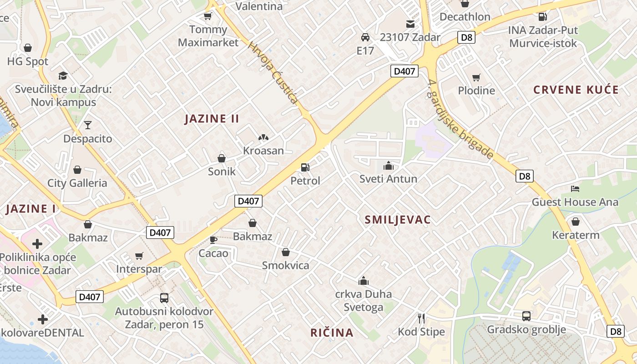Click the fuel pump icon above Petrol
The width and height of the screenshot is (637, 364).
pyautogui.click(x=306, y=167)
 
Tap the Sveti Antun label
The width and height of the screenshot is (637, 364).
pyautogui.click(x=388, y=179)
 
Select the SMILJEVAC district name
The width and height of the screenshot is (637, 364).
pyautogui.click(x=398, y=220)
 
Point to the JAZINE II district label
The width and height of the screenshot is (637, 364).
pyautogui.click(x=212, y=119)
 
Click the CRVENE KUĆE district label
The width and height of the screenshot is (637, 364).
pyautogui.click(x=576, y=90)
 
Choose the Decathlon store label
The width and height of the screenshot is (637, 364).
pyautogui.click(x=465, y=17)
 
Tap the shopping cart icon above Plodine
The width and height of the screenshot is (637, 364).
pyautogui.click(x=476, y=78)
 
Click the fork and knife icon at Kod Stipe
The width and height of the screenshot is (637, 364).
pyautogui.click(x=421, y=318)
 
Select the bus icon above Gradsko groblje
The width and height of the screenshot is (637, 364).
pyautogui.click(x=526, y=316)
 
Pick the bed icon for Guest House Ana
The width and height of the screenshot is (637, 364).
pyautogui.click(x=575, y=189)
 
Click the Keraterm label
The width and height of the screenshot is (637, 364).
pyautogui.click(x=576, y=235)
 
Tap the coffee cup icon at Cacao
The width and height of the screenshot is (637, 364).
pyautogui.click(x=213, y=240)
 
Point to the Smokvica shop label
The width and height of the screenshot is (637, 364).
pyautogui.click(x=285, y=265)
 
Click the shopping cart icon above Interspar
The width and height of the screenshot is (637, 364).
pyautogui.click(x=139, y=256)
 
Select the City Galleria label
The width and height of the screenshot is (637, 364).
pyautogui.click(x=77, y=183)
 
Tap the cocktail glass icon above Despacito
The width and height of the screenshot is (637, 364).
pyautogui.click(x=87, y=125)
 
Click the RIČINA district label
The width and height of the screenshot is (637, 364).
pyautogui.click(x=332, y=333)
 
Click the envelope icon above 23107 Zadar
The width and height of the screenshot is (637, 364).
pyautogui.click(x=410, y=24)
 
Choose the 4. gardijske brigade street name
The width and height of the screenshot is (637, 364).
pyautogui.click(x=460, y=119)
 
